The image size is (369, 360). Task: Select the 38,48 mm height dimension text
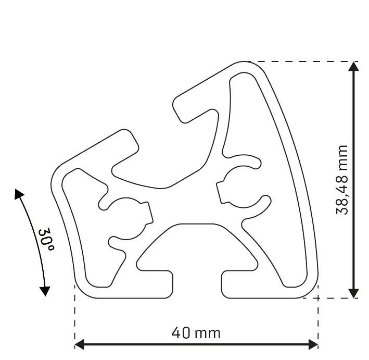(342, 180)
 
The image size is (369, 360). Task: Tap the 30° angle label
(45, 240)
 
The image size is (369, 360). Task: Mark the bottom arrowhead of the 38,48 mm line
(354, 293)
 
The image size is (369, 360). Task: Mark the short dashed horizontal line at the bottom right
(333, 298)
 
